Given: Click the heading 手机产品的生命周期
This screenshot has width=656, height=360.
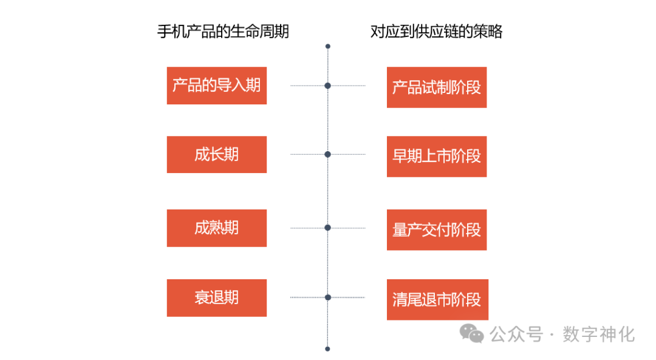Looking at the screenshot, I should click(x=223, y=32).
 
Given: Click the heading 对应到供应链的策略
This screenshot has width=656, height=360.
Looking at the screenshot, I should click(x=436, y=32).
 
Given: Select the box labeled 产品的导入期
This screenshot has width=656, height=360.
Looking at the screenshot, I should click(x=216, y=86).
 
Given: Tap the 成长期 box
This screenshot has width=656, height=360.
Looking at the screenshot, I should click(x=216, y=154).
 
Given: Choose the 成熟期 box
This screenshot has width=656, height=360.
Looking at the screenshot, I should click(x=216, y=228).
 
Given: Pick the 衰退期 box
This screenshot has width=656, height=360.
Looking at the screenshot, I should click(x=216, y=297).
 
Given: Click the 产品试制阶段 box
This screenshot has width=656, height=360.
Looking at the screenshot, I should click(x=436, y=87).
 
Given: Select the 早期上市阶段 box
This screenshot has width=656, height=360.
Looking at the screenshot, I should click(x=436, y=156).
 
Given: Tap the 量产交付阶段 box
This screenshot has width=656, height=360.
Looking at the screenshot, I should click(x=436, y=229).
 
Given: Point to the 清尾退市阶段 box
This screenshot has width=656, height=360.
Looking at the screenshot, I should click(x=436, y=299).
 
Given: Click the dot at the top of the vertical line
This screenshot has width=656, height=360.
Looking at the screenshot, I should click(x=328, y=46).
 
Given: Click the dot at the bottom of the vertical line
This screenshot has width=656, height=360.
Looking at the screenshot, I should click(x=328, y=348).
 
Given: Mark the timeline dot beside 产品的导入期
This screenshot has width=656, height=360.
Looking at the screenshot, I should click(x=328, y=86).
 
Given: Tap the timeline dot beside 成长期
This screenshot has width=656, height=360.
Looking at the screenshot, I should click(x=328, y=154).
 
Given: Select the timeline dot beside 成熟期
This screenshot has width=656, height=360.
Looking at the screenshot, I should click(x=328, y=228).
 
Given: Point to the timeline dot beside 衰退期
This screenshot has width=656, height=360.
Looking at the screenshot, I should click(x=328, y=297).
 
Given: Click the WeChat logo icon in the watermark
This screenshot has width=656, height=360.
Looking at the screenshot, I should click(x=471, y=333).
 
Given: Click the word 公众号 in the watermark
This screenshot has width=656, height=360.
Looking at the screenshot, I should click(x=516, y=334).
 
